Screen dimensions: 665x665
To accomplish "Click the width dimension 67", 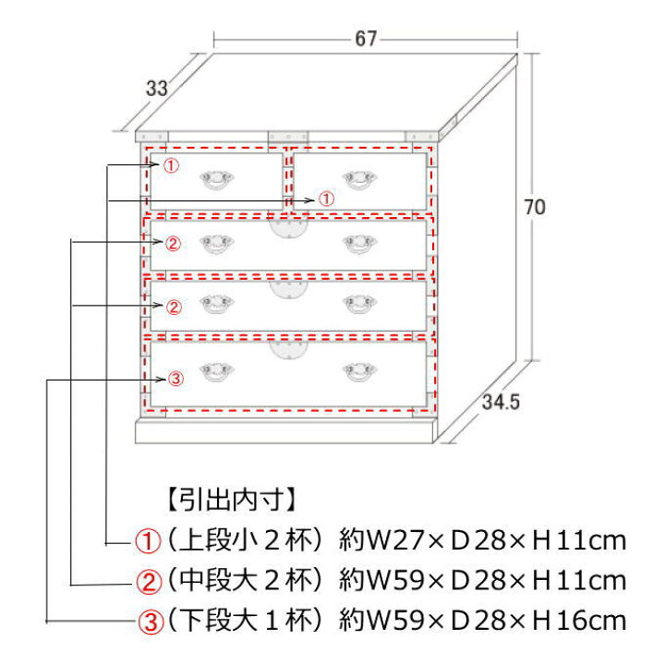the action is pos(366,39).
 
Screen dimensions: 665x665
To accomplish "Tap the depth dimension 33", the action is pos(156,89).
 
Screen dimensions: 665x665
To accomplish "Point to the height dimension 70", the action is pos(535,207).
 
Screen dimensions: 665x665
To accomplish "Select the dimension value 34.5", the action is pos(501,402).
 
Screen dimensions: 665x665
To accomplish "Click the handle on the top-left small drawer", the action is pos(217,179).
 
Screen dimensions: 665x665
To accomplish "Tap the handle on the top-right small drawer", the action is pos(359,179).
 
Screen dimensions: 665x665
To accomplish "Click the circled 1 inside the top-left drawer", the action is pos(171,165).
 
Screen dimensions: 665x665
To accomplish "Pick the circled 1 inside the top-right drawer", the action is pos(326,199).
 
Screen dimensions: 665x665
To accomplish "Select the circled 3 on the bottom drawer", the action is pos(175,379).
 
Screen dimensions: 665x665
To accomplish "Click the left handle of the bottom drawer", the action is pos(217,372).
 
